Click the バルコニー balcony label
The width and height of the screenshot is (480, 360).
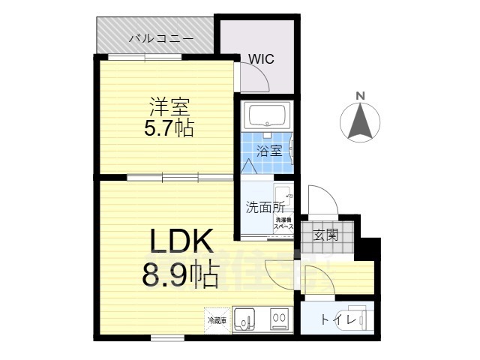[160, 37]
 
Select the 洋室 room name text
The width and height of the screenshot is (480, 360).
[168, 106]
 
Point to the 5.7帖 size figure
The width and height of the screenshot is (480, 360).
[169, 129]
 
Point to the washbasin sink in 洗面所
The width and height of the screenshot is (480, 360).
[284, 192]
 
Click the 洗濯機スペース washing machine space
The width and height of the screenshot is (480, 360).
[283, 223]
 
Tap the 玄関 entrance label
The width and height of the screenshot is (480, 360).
[325, 234]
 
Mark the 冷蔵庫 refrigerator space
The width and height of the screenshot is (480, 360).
[217, 320]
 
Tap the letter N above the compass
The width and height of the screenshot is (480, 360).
[360, 95]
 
